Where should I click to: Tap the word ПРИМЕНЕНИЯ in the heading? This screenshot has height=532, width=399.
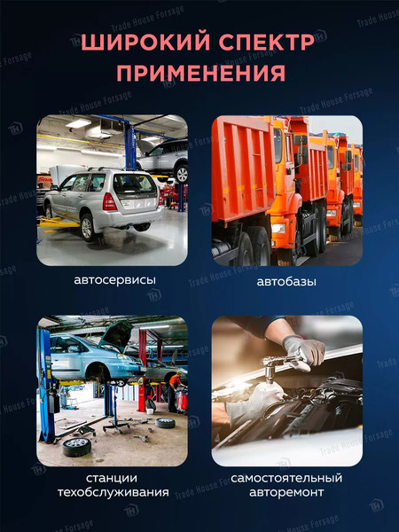click(x=199, y=73)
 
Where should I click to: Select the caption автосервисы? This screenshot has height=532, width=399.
click(x=112, y=280)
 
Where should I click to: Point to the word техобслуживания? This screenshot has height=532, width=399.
click(x=112, y=492)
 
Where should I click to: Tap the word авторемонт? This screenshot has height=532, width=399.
click(x=287, y=492)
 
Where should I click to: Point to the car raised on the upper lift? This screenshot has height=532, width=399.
click(x=163, y=155)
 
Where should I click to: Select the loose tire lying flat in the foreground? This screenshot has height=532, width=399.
click(x=76, y=446)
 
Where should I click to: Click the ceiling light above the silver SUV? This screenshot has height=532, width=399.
click(x=78, y=123)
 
